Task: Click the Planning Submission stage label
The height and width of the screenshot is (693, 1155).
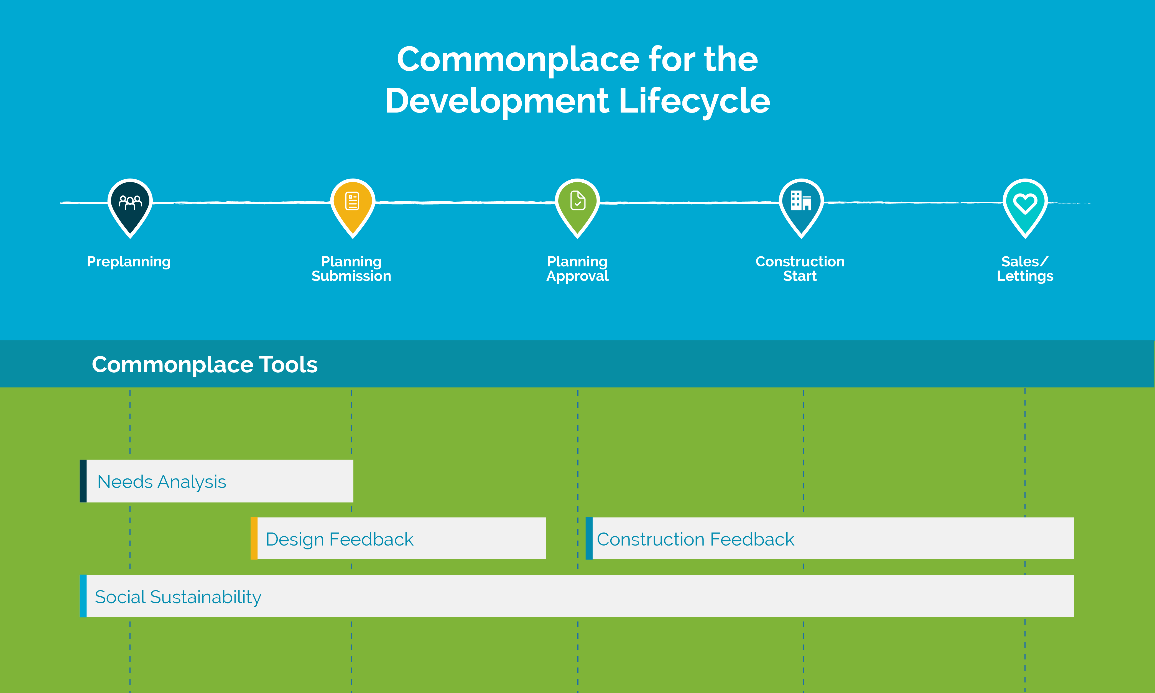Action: (351, 269)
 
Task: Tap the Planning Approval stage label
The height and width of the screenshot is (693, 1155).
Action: (578, 269)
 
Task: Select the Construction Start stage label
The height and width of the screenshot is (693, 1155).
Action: (800, 269)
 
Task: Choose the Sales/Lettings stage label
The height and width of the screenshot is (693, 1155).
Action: (1025, 269)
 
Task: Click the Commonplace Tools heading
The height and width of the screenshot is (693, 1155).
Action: (205, 365)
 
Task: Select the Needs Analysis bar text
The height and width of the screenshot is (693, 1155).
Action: (162, 481)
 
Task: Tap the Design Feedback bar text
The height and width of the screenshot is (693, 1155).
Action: (339, 539)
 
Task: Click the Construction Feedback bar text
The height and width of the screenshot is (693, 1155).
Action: (695, 539)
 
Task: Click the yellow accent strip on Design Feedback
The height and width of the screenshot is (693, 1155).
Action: (254, 538)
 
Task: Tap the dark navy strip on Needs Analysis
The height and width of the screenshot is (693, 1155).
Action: (83, 481)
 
